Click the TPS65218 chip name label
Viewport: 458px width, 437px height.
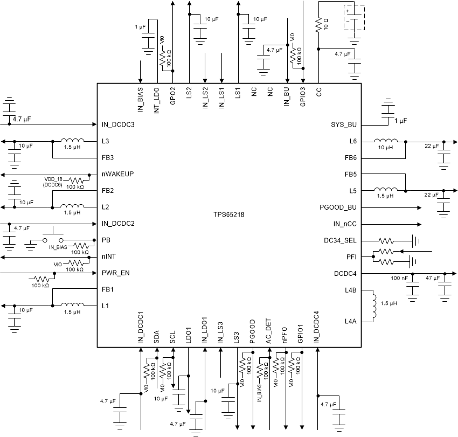coord(228,214)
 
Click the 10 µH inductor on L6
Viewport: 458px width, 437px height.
coord(386,141)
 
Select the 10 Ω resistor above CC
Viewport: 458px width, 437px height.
coord(318,24)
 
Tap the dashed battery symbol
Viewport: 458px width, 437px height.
coord(353,17)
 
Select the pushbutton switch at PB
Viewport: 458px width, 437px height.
coord(53,238)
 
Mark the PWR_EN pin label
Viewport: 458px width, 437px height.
coord(115,273)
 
